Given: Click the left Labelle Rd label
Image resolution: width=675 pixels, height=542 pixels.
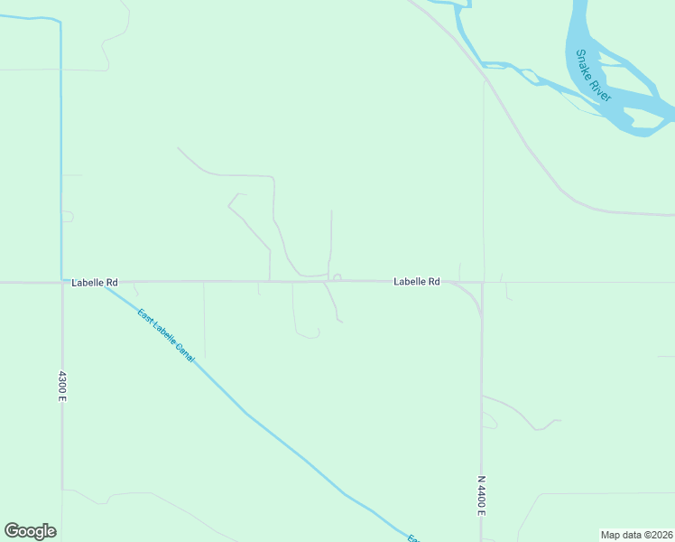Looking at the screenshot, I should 94,283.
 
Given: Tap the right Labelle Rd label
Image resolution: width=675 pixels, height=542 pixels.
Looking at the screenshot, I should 416,282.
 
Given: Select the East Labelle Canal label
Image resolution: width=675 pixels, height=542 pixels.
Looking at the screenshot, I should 166,336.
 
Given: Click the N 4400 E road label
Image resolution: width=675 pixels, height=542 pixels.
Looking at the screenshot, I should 481,496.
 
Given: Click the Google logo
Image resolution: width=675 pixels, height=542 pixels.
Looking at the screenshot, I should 30,531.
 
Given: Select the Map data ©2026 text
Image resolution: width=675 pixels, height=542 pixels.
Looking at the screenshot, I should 637,535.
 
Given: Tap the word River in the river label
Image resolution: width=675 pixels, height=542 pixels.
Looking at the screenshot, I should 603,89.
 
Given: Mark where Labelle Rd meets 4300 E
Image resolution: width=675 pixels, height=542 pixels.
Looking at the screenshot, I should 61,283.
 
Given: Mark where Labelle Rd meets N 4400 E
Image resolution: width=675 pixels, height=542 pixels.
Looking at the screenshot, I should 481,283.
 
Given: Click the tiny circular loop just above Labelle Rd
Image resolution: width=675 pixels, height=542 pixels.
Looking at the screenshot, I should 337,277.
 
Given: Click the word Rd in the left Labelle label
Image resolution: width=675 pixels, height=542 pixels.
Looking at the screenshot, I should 111,283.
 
